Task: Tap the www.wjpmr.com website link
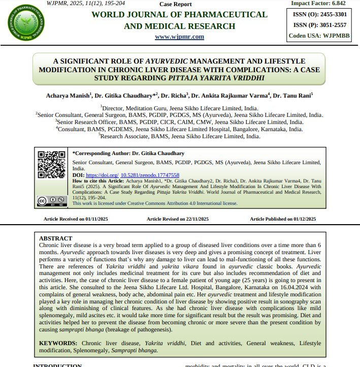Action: tap(179, 37)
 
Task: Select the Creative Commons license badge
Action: tap(51, 200)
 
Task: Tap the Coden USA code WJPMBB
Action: tap(338, 36)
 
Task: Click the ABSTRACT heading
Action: tap(56, 238)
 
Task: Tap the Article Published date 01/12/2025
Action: tap(305, 219)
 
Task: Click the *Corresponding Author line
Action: tap(128, 153)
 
